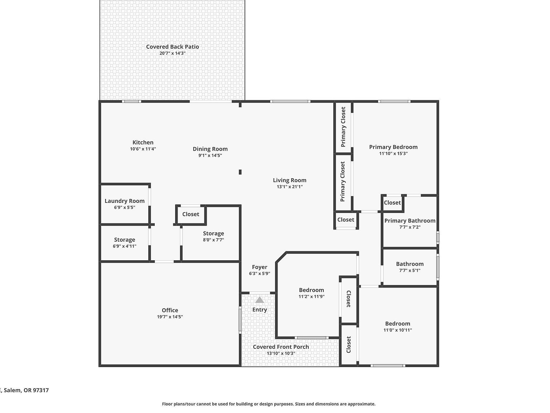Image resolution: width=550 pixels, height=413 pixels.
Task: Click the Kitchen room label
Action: tap(143, 142)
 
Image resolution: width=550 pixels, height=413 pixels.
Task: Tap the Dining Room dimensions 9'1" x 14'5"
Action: tap(210, 155)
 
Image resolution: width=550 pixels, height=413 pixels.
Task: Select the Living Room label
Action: tap(289, 180)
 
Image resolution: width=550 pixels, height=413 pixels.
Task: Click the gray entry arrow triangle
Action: tap(260, 300)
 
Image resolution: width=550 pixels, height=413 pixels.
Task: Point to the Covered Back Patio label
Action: tap(172, 47)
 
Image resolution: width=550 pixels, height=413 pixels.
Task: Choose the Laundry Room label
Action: tap(125, 201)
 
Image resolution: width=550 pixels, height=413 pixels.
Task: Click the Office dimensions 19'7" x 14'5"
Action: tap(170, 317)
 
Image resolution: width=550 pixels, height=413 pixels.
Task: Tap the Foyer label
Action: tap(260, 267)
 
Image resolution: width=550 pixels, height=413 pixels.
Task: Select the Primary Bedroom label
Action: tap(393, 147)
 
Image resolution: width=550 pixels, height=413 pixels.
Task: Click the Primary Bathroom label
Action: tap(410, 220)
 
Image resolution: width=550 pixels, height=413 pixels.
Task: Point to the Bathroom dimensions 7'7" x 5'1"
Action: tap(410, 270)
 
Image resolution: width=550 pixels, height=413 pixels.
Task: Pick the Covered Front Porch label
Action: tap(281, 347)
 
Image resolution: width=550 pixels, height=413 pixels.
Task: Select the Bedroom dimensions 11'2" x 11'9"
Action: tap(312, 296)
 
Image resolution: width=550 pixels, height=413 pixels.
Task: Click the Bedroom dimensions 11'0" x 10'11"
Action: tap(397, 330)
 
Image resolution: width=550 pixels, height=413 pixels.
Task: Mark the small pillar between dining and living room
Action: tap(240, 172)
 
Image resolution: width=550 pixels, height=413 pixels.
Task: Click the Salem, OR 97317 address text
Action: tap(25, 390)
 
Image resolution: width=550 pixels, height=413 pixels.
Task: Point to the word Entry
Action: tap(260, 310)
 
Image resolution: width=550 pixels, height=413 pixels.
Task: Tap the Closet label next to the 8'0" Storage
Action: tap(190, 214)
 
